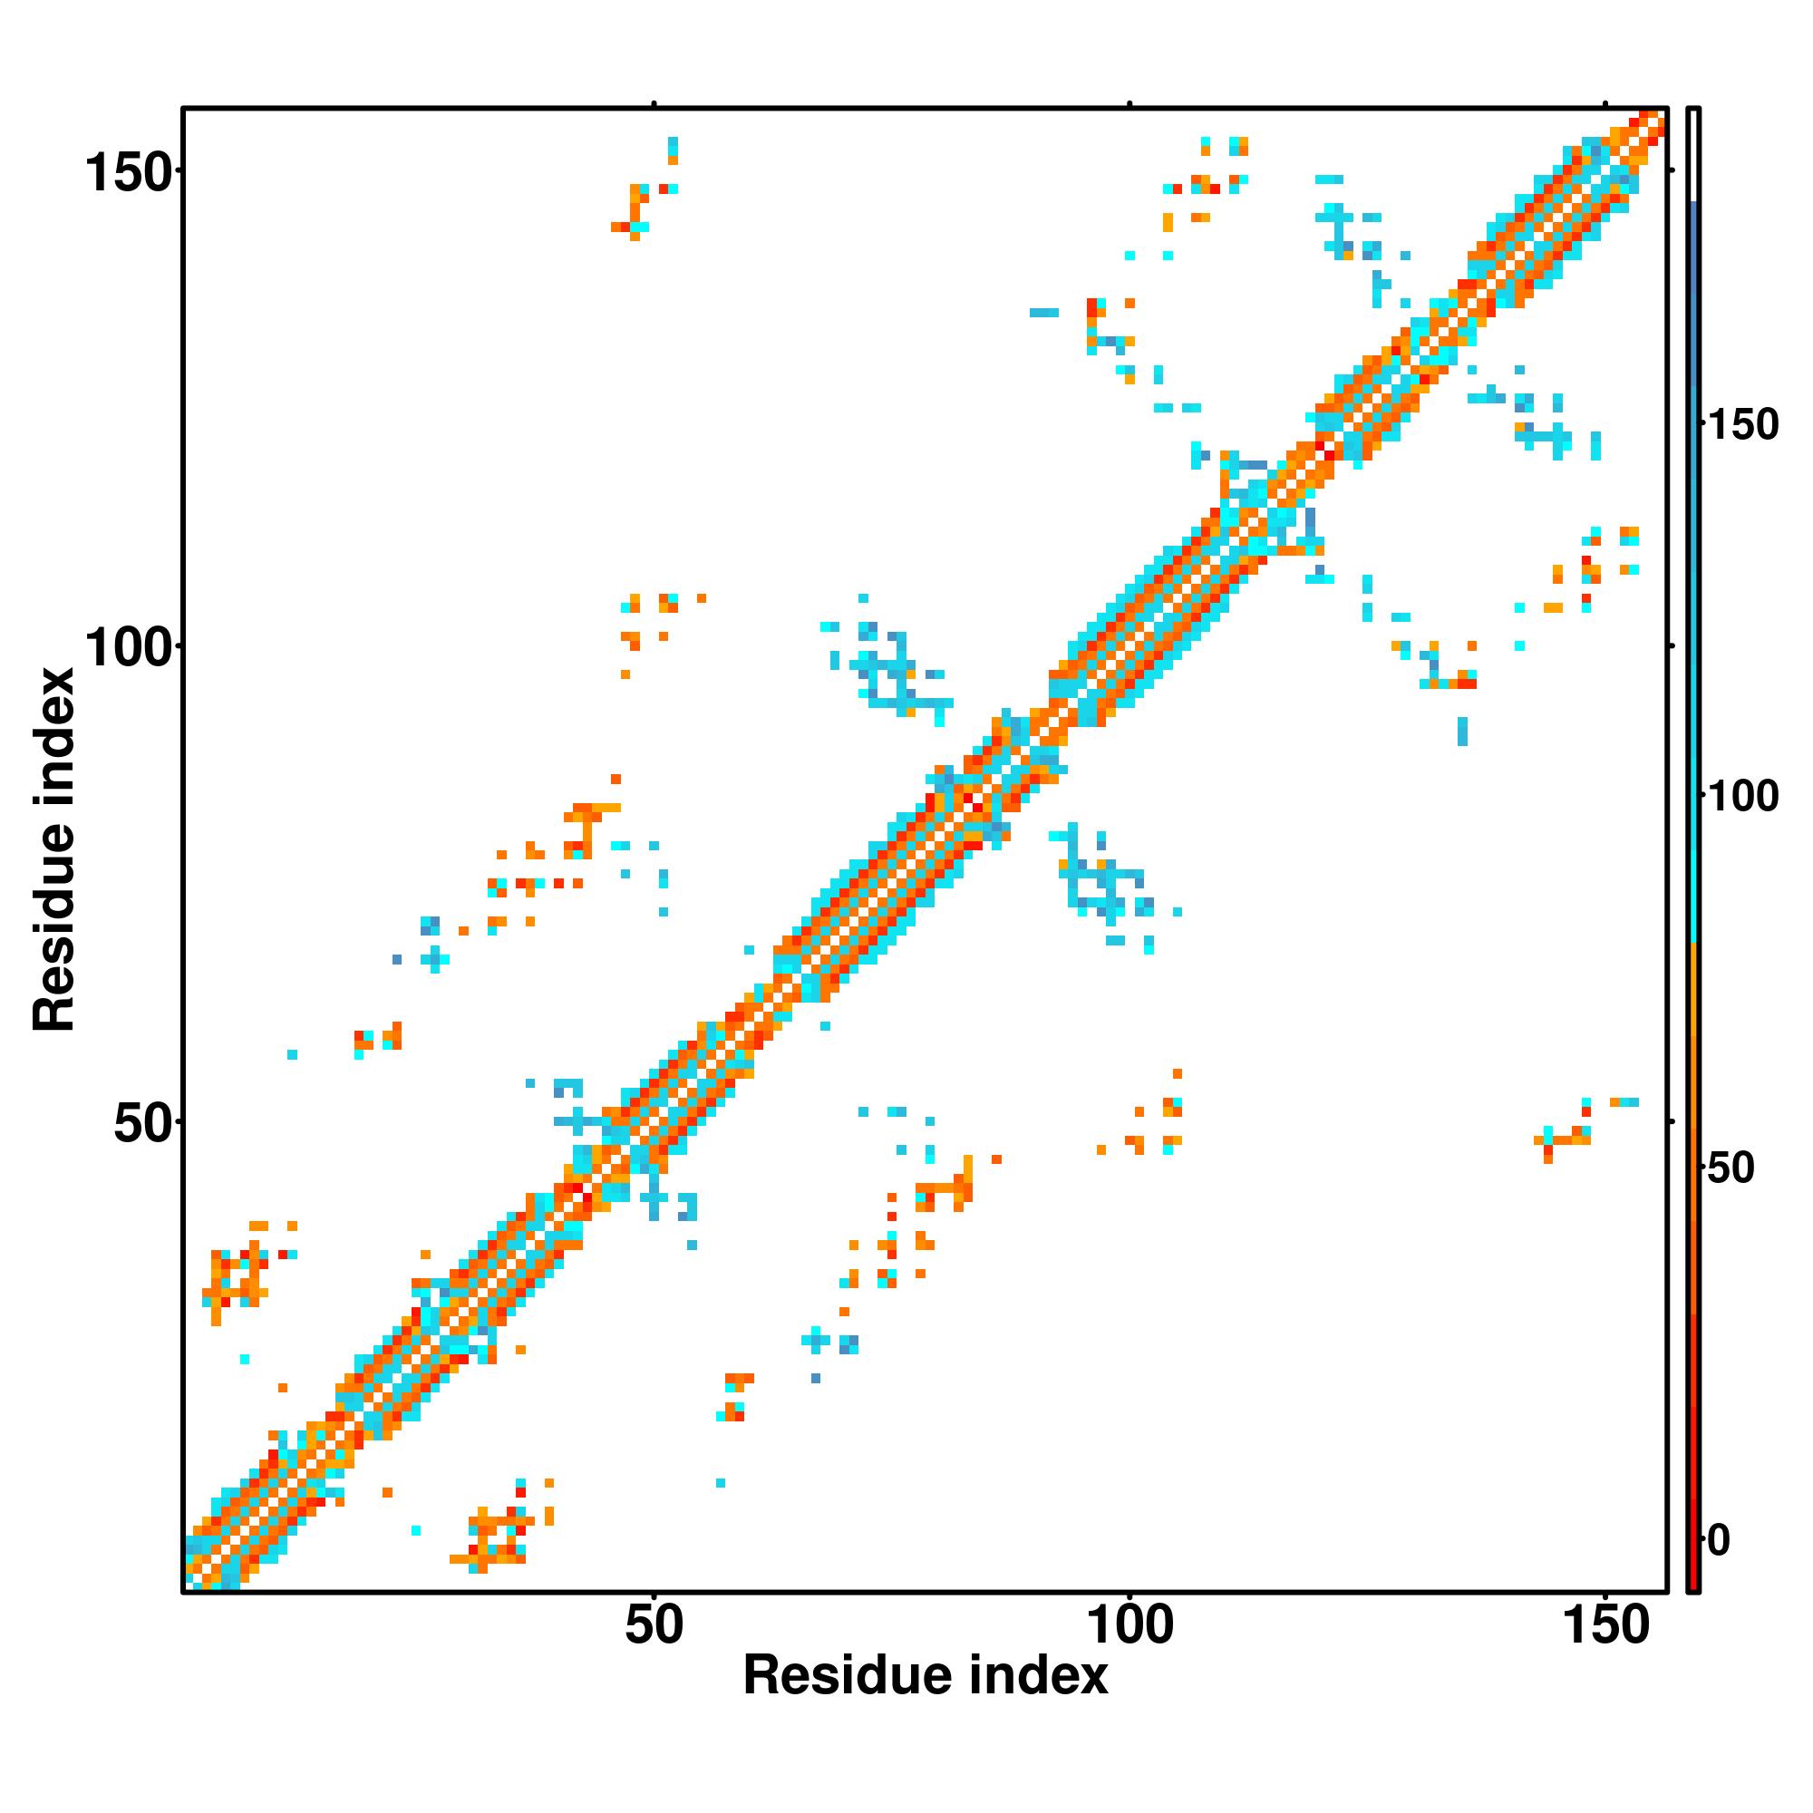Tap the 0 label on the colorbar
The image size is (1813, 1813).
pos(1719,1540)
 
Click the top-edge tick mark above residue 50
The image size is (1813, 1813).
pos(654,104)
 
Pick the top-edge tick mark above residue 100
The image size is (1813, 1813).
pos(1129,104)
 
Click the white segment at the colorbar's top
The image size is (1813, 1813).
pos(1694,155)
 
